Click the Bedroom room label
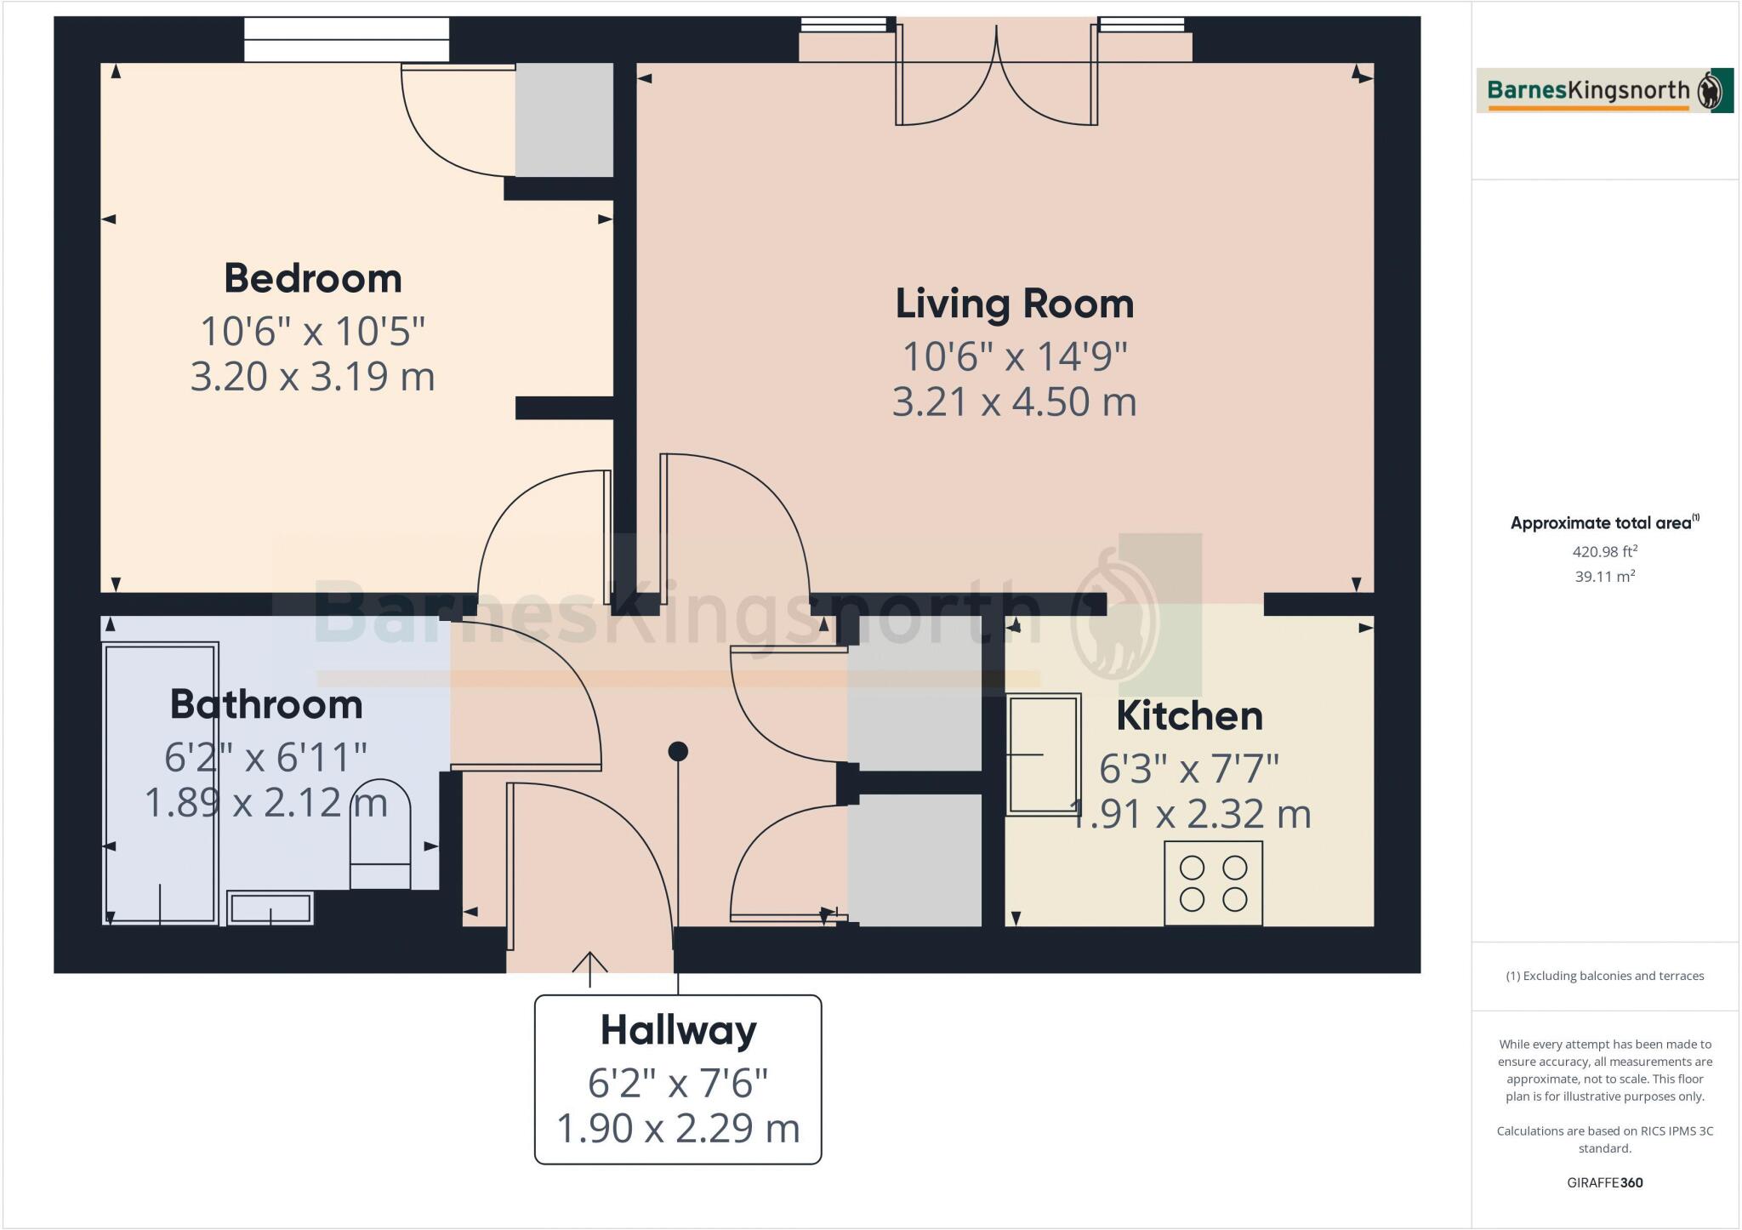[x=312, y=279]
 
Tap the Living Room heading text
[x=1014, y=305]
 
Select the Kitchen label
[x=1188, y=716]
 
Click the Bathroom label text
[x=266, y=705]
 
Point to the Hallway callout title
[x=678, y=1031]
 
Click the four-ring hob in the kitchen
[x=1213, y=883]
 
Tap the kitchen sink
[x=1044, y=754]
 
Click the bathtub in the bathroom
[x=161, y=783]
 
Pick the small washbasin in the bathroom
[x=270, y=908]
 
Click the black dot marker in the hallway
[x=678, y=751]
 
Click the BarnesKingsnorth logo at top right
[x=1604, y=90]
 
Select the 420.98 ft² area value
[x=1604, y=552]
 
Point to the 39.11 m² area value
[x=1604, y=577]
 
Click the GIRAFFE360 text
[x=1604, y=1182]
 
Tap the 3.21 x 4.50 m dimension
[x=1014, y=402]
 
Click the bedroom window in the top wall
[x=346, y=39]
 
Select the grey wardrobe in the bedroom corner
[x=564, y=120]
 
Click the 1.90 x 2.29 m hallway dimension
[x=678, y=1129]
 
